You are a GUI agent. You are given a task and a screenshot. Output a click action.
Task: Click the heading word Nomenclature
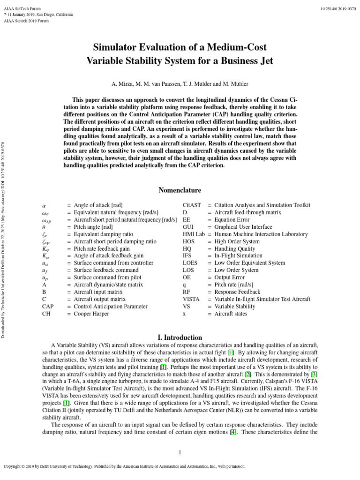[180, 190]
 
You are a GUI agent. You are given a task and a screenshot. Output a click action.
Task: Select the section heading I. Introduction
[180, 337]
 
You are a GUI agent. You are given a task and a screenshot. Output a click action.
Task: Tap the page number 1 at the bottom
[180, 452]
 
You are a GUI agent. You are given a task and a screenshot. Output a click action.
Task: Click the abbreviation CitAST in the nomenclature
[191, 205]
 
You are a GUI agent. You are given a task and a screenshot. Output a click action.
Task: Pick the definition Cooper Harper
[91, 314]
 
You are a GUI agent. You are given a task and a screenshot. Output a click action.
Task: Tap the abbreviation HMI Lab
[193, 234]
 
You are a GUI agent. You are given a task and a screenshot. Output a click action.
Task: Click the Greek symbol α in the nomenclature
[44, 205]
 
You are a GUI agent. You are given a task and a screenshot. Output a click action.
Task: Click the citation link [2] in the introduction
[247, 374]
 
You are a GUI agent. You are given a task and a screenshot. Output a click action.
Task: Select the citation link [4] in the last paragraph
[232, 432]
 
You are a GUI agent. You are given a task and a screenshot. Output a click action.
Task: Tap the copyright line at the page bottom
[125, 467]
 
